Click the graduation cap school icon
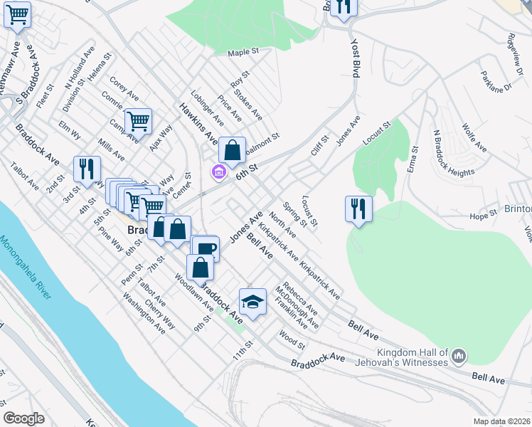252,302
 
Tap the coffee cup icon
205,248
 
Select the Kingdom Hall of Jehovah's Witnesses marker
459,354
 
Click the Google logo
24,418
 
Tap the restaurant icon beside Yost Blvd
344,7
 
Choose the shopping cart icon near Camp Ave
138,121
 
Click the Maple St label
241,53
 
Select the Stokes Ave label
248,103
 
